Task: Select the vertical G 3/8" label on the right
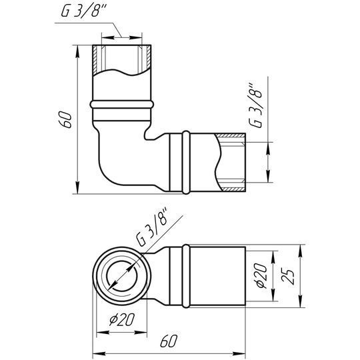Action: point(255,105)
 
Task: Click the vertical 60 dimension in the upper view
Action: point(65,119)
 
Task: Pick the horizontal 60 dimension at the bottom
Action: point(169,341)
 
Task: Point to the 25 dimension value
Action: point(287,276)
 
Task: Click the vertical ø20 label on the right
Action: point(262,275)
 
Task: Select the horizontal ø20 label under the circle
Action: point(122,319)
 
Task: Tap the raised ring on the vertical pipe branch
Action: point(122,105)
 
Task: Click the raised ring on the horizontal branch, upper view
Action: point(186,163)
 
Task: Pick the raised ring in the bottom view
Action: point(186,276)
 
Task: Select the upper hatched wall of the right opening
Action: point(231,135)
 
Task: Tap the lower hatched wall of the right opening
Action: point(233,189)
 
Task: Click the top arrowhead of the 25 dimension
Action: point(300,251)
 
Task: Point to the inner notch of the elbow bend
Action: point(147,135)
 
